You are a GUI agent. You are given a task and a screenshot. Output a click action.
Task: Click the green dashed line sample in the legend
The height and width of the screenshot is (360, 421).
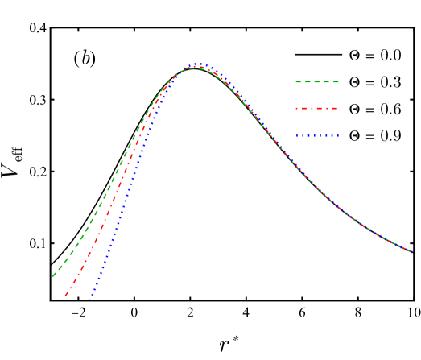click(317, 81)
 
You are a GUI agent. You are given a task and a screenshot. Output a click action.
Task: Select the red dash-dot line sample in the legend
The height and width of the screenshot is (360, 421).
click(317, 108)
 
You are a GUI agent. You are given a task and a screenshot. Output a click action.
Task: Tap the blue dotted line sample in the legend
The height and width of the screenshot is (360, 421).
click(317, 134)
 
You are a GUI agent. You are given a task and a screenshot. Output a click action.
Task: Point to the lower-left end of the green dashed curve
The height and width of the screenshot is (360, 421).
click(53, 276)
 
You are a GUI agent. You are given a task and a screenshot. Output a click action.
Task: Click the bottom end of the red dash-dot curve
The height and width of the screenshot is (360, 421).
click(63, 300)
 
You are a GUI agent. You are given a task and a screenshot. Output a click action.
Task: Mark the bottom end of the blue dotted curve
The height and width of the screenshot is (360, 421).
click(91, 298)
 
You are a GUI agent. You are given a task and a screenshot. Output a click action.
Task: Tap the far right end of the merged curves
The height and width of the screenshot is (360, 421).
click(412, 252)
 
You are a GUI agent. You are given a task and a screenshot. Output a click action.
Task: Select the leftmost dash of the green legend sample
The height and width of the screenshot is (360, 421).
click(299, 81)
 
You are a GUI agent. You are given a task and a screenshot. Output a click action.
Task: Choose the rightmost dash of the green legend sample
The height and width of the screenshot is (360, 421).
click(336, 81)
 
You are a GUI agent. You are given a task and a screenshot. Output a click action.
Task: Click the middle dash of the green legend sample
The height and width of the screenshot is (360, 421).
click(317, 81)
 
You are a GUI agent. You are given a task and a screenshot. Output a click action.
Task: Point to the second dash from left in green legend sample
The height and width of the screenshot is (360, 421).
click(307, 81)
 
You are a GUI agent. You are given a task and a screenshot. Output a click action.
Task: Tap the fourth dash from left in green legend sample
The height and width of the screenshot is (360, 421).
click(326, 81)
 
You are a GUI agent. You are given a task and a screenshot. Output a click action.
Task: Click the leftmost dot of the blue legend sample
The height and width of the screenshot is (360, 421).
click(297, 134)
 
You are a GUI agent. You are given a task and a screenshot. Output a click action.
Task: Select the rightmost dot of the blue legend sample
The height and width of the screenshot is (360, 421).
click(338, 134)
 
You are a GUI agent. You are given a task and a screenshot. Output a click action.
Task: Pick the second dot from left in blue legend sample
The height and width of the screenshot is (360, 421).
click(302, 134)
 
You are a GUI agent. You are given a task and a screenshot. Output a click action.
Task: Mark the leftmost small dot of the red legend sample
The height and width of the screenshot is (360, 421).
click(296, 108)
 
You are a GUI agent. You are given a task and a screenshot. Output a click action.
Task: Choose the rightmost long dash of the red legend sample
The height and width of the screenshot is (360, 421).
click(333, 108)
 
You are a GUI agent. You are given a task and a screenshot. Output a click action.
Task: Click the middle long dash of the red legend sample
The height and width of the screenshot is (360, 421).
click(318, 108)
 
